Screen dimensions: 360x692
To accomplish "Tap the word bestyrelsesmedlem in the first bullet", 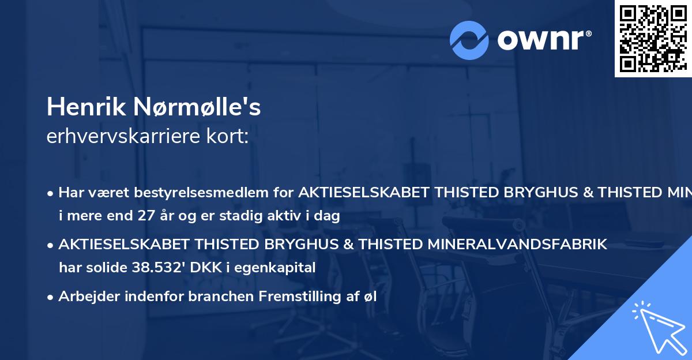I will [x=231, y=193].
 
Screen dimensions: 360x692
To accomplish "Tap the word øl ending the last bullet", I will [x=369, y=297].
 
